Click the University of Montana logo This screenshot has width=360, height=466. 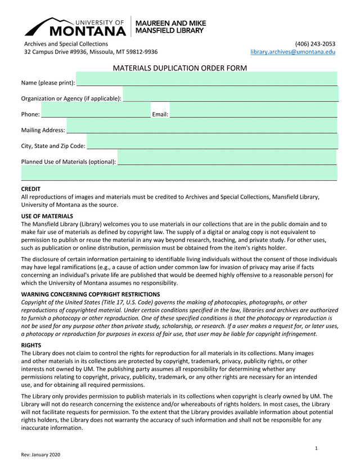tap(75, 26)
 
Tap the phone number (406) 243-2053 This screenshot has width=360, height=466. tap(315, 44)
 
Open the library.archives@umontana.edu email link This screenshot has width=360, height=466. tap(292, 52)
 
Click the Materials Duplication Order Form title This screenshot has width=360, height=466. tap(180, 68)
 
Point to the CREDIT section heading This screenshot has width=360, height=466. tap(31, 189)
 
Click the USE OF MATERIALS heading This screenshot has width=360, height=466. tap(47, 216)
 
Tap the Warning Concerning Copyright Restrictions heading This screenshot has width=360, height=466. tap(91, 294)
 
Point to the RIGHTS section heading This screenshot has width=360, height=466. tap(31, 345)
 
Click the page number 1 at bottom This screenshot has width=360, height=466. tap(317, 448)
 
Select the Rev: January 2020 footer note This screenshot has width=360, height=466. tap(40, 455)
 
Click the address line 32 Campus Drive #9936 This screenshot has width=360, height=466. tap(91, 52)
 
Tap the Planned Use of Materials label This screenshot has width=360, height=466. tap(69, 162)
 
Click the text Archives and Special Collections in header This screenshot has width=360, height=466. tap(66, 44)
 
